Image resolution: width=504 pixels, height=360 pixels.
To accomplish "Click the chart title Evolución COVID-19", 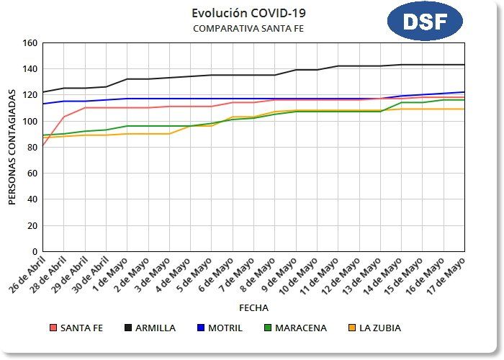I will [243, 13].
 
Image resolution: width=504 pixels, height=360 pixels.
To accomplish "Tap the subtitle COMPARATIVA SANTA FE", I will [243, 28].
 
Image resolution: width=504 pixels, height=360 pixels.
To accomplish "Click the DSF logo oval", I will [424, 22].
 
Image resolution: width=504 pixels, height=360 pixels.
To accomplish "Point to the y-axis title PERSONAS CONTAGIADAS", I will [12, 148].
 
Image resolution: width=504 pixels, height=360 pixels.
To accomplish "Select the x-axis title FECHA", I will [253, 307].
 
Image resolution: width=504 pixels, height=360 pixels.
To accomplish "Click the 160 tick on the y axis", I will [30, 43].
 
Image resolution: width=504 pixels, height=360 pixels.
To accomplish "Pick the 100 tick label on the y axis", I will [30, 121].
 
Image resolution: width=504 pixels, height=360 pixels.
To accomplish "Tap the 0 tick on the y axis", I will [34, 252].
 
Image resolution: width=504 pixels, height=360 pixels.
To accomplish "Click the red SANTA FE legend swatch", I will [53, 328].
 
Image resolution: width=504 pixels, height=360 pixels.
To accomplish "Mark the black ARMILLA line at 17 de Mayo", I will [464, 65].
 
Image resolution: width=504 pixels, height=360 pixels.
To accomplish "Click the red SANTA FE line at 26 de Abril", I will [43, 145].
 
